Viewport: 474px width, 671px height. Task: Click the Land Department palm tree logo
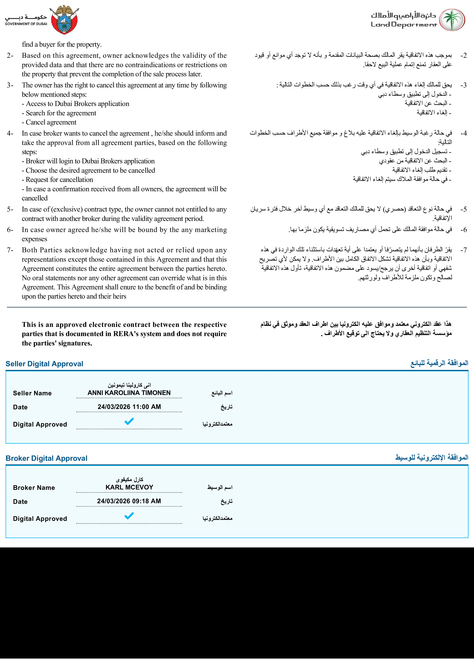452,20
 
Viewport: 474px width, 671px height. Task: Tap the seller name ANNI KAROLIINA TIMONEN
129,393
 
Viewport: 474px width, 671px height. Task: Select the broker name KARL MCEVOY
129,487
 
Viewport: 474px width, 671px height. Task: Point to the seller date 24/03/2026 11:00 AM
129,407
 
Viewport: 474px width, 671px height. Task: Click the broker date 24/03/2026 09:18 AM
129,501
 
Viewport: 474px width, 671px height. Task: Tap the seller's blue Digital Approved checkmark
129,421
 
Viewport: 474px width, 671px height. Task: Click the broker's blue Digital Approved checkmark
129,515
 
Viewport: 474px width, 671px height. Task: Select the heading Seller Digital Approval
44,364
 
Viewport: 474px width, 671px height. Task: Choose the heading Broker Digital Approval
46,458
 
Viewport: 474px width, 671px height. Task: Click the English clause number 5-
10,209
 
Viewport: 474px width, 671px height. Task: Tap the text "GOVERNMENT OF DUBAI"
26,24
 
